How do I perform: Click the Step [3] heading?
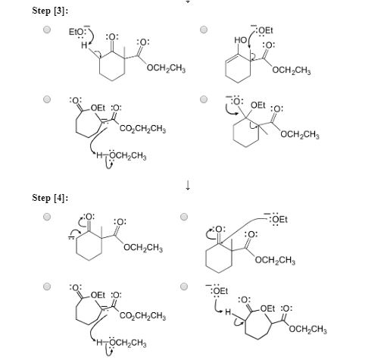pos(50,11)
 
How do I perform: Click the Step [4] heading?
pos(50,198)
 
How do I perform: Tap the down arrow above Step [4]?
pos(188,185)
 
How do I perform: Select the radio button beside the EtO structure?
pos(47,30)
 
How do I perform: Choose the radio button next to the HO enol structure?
pos(204,30)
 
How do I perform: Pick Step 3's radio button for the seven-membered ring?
pos(47,99)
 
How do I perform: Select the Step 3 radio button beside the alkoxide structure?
pos(204,99)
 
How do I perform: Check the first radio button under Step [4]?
pos(47,217)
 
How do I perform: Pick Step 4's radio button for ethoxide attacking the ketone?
pos(184,217)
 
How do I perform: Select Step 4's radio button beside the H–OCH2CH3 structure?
pos(47,286)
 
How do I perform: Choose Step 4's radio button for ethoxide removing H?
pos(184,286)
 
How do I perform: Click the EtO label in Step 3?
pos(76,32)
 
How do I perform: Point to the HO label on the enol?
pos(240,40)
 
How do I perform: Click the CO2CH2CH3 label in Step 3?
pos(142,128)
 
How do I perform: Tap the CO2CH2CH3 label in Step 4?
pos(142,315)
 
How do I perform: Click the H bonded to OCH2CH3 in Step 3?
pos(99,155)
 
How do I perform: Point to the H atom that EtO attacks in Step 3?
pos(84,45)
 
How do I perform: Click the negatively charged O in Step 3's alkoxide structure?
pos(237,102)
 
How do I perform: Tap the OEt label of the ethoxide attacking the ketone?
pos(279,219)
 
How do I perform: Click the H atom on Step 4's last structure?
pos(228,312)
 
